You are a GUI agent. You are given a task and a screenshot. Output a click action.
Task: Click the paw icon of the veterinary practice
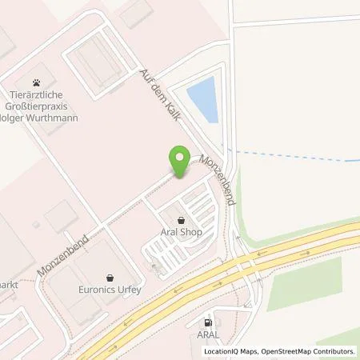tap(37, 82)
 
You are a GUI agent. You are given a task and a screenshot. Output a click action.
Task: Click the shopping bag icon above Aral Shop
tap(180, 219)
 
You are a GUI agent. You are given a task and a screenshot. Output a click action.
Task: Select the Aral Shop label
tap(180, 232)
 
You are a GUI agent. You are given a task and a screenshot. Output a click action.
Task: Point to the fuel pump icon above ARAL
tap(207, 322)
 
